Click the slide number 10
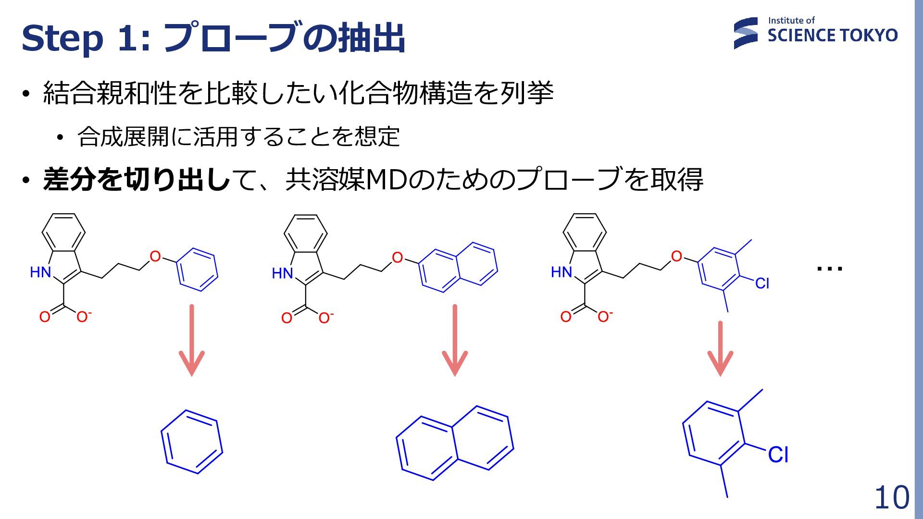(x=891, y=497)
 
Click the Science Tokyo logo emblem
(x=745, y=33)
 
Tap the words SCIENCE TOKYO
(x=832, y=36)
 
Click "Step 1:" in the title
(x=86, y=38)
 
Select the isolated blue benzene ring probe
(x=192, y=442)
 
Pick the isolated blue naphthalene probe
(x=455, y=443)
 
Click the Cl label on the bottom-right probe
(x=778, y=455)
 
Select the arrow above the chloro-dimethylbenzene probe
(x=720, y=348)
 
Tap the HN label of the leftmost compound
(x=40, y=272)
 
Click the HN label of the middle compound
(x=282, y=273)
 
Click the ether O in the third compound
(x=676, y=257)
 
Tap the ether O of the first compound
(x=155, y=257)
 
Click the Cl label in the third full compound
(x=762, y=284)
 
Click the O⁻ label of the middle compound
(x=325, y=318)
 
